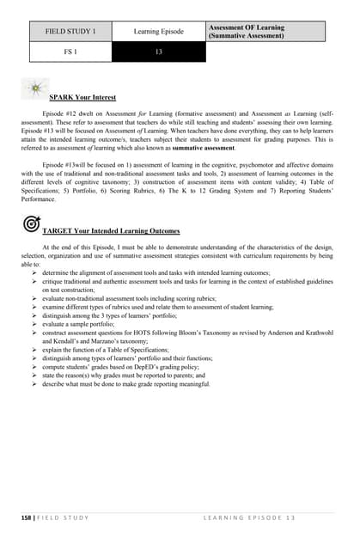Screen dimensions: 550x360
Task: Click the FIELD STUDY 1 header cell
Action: [x=70, y=32]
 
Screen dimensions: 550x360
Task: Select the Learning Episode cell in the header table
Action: [x=158, y=32]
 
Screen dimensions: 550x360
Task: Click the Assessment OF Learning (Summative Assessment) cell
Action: [x=265, y=32]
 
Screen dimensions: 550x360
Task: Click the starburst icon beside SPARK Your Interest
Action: [x=35, y=89]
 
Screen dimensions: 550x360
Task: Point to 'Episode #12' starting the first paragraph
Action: [x=59, y=112]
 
